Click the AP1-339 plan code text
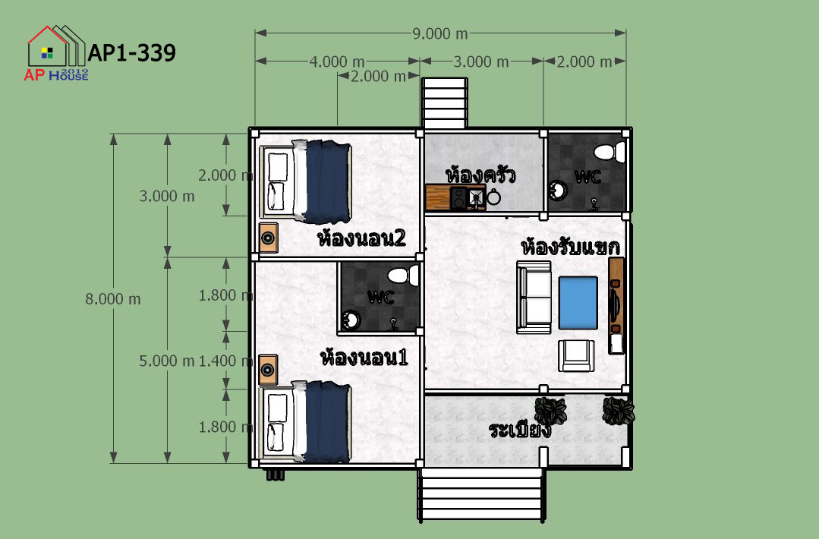click(131, 52)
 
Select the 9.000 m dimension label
click(439, 33)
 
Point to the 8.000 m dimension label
click(113, 299)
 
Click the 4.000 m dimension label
click(337, 61)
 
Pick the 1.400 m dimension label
click(225, 361)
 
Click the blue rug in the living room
click(578, 303)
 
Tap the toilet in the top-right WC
click(610, 152)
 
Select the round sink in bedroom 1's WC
click(351, 320)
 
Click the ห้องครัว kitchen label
click(481, 175)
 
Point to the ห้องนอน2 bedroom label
click(361, 238)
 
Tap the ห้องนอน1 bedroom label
click(364, 358)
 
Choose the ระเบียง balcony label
click(520, 430)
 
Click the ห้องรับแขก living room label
click(570, 247)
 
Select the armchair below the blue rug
click(576, 356)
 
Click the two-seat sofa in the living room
click(534, 297)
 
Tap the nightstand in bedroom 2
click(269, 238)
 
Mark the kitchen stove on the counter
click(458, 198)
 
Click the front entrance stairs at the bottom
click(481, 494)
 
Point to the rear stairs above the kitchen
click(445, 103)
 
